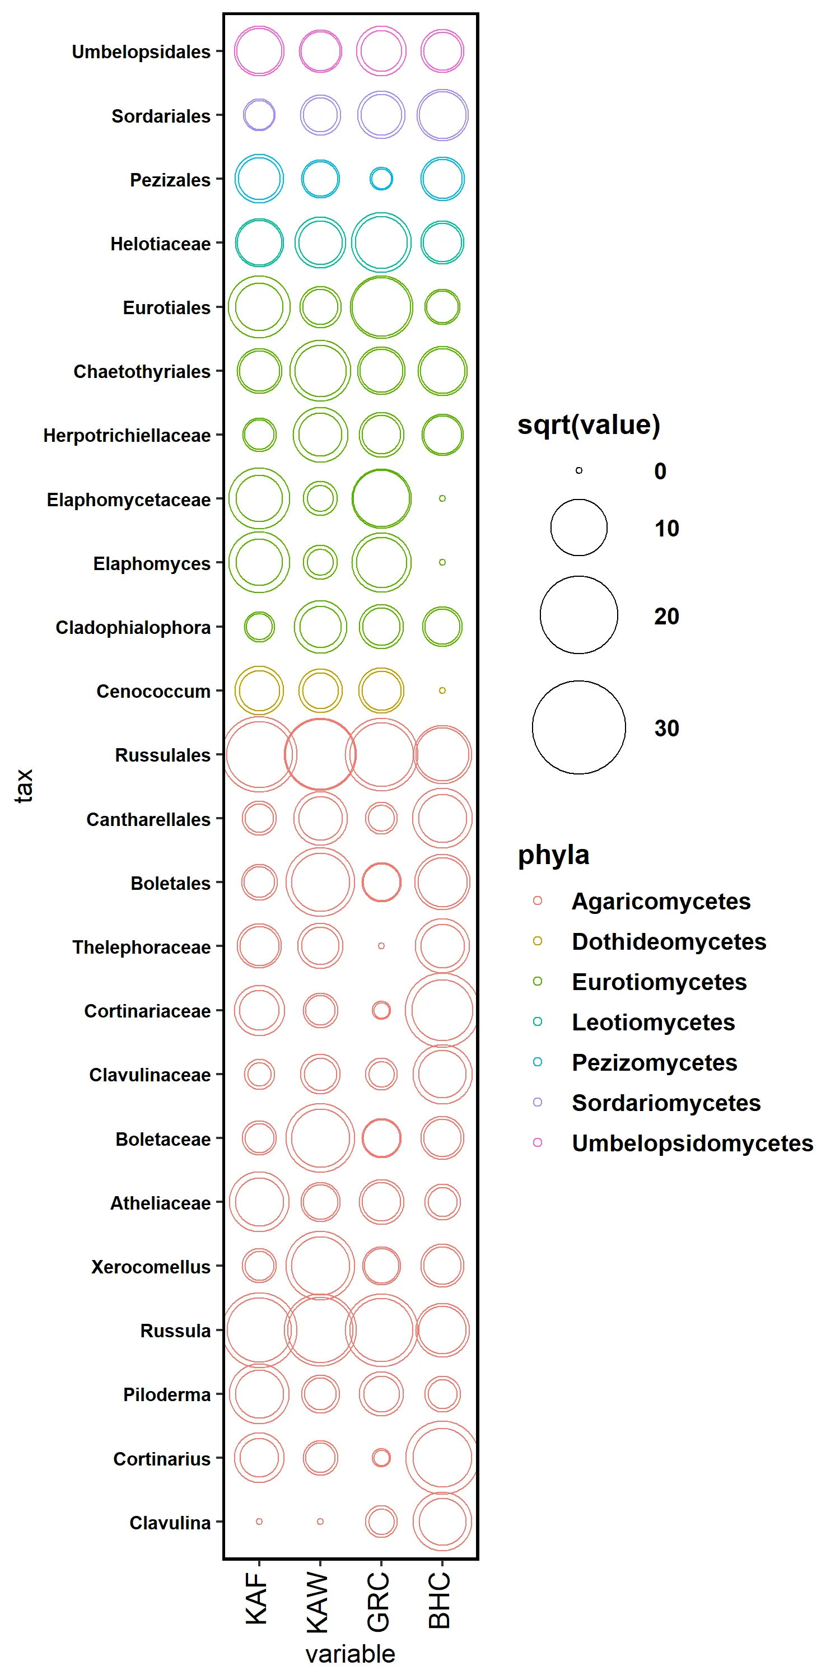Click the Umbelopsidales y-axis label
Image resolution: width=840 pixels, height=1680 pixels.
(141, 52)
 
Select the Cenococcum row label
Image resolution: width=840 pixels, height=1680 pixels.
(153, 690)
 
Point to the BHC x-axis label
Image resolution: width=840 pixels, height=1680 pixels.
(440, 1600)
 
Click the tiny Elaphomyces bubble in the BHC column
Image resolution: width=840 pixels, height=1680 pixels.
(442, 562)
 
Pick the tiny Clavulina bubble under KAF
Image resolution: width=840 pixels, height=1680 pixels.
(259, 1522)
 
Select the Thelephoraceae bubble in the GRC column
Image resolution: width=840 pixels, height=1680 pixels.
(381, 946)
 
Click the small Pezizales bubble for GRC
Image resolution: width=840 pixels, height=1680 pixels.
(381, 179)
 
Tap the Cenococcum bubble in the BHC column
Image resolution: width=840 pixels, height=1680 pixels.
(442, 690)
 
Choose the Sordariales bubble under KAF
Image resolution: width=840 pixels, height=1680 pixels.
(259, 115)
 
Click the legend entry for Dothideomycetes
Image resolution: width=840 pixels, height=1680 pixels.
(669, 941)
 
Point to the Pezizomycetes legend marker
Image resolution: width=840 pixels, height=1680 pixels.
(538, 1062)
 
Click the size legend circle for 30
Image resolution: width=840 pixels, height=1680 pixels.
(578, 727)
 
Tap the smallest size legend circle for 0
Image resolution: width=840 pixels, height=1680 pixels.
(578, 470)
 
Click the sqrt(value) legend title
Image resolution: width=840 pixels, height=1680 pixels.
(588, 424)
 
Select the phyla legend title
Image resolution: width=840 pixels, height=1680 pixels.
(553, 855)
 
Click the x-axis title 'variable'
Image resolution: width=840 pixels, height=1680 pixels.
(350, 1653)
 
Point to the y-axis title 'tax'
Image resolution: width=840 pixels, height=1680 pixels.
(24, 785)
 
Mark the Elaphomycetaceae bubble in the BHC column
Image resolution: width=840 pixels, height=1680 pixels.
(442, 498)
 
